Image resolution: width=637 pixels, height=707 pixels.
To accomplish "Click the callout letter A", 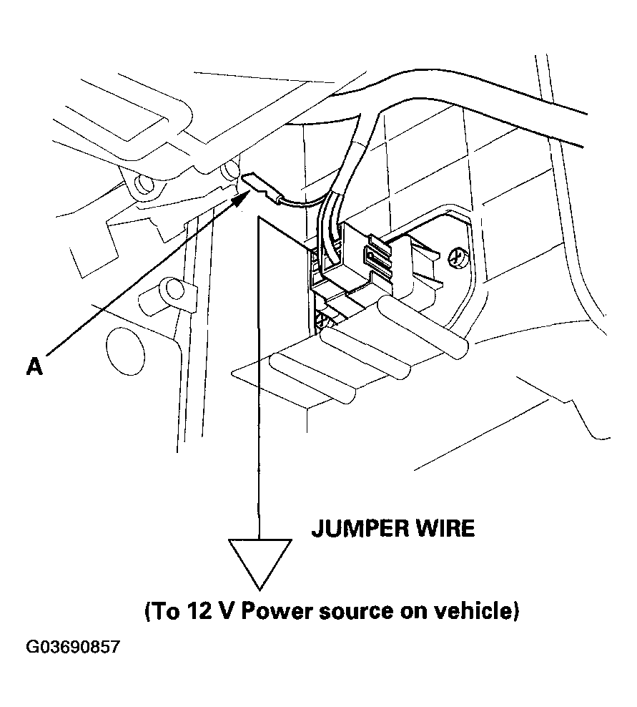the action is tap(34, 366).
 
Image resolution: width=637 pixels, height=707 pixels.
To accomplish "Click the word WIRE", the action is tap(445, 528).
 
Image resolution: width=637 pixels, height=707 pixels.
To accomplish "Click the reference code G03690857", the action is tap(73, 647).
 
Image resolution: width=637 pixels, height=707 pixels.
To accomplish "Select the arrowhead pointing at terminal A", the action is tap(241, 197).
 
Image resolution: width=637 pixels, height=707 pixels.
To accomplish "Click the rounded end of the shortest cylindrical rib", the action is tap(345, 392).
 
